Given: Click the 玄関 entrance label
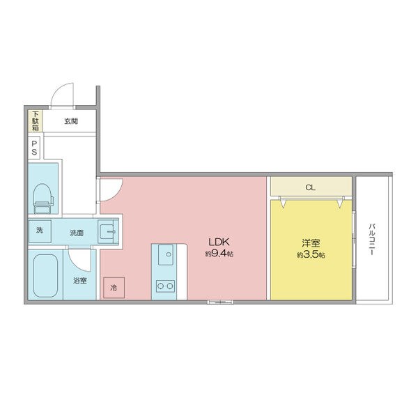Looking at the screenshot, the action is pyautogui.click(x=71, y=121).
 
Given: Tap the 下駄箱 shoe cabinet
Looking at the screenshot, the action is pyautogui.click(x=36, y=121).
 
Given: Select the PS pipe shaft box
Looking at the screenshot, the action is pyautogui.click(x=34, y=148).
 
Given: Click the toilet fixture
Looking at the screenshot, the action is pyautogui.click(x=42, y=199).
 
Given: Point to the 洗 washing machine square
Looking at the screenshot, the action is pyautogui.click(x=40, y=231).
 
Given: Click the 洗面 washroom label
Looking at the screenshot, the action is pyautogui.click(x=77, y=233).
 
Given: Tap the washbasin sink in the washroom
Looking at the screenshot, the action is pyautogui.click(x=108, y=232).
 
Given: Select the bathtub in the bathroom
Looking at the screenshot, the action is pyautogui.click(x=45, y=276).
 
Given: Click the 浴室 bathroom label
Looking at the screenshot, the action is pyautogui.click(x=80, y=281).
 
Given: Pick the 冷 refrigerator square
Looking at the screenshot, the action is pyautogui.click(x=114, y=287).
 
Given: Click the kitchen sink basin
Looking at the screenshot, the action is pyautogui.click(x=166, y=254).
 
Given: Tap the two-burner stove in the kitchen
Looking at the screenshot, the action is pyautogui.click(x=165, y=286).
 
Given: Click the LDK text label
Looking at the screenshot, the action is pyautogui.click(x=219, y=242).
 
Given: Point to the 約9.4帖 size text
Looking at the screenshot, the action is pyautogui.click(x=219, y=254).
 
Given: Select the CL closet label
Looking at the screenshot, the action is pyautogui.click(x=310, y=187).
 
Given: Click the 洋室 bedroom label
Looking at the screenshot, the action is pyautogui.click(x=311, y=243).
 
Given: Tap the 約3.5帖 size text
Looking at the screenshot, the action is pyautogui.click(x=311, y=255).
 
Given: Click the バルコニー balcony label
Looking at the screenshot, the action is pyautogui.click(x=373, y=240).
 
